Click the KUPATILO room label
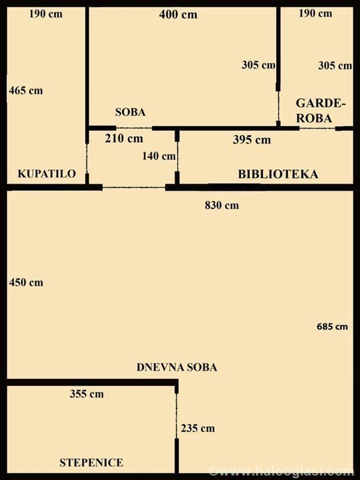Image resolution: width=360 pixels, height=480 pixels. point(47,173)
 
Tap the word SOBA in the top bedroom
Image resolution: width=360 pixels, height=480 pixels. point(130,112)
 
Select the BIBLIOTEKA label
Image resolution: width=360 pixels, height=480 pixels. point(278,174)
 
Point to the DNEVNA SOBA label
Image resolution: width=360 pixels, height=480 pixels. point(176,367)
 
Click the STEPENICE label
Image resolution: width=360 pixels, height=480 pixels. point(91,462)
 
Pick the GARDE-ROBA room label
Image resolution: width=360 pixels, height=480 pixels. point(320,111)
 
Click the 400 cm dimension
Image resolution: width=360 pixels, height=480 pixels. point(178,14)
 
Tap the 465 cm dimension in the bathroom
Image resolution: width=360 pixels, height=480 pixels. point(26,91)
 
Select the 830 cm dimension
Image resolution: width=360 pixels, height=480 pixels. point(222,205)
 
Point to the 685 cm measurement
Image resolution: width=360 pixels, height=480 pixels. point(332,326)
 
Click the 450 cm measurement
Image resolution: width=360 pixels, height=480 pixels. point(26,282)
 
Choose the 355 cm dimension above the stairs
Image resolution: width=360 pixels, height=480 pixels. point(86,394)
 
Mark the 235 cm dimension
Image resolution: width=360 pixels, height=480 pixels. point(198,428)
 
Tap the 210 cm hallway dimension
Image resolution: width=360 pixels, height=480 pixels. point(124,138)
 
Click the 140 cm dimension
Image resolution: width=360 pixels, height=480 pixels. point(159,156)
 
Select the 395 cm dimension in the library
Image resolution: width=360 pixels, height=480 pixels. point(252,140)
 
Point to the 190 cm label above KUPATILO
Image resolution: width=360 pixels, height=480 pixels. point(46,14)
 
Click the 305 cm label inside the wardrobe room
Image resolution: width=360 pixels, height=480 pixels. point(335,65)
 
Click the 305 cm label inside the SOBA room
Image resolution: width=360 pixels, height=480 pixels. point(258,65)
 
